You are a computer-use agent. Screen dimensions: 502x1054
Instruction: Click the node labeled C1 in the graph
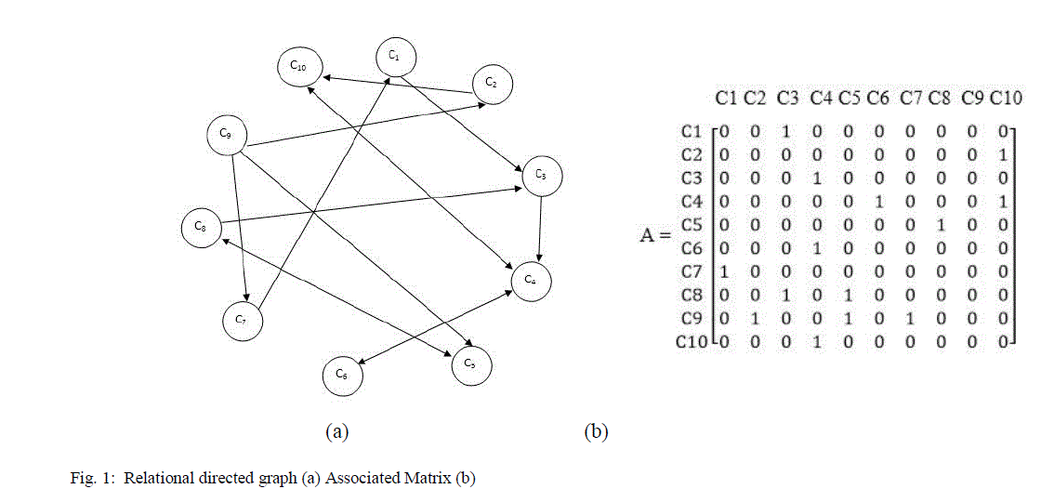coord(394,58)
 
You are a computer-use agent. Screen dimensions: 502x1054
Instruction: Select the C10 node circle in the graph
coord(298,67)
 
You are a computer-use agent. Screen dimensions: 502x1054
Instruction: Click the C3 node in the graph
coord(542,176)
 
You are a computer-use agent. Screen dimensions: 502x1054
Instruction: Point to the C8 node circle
coord(201,227)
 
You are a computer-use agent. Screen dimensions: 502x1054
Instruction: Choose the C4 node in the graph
coord(530,280)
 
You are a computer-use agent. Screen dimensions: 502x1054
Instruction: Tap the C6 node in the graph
coord(342,376)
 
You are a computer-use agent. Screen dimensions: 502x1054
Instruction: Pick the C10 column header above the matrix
coord(1006,97)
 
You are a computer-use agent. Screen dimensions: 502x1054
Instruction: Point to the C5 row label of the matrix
coord(690,224)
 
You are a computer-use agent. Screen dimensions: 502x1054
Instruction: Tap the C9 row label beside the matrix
coord(690,319)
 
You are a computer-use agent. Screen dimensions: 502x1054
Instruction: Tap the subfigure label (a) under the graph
coord(336,431)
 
